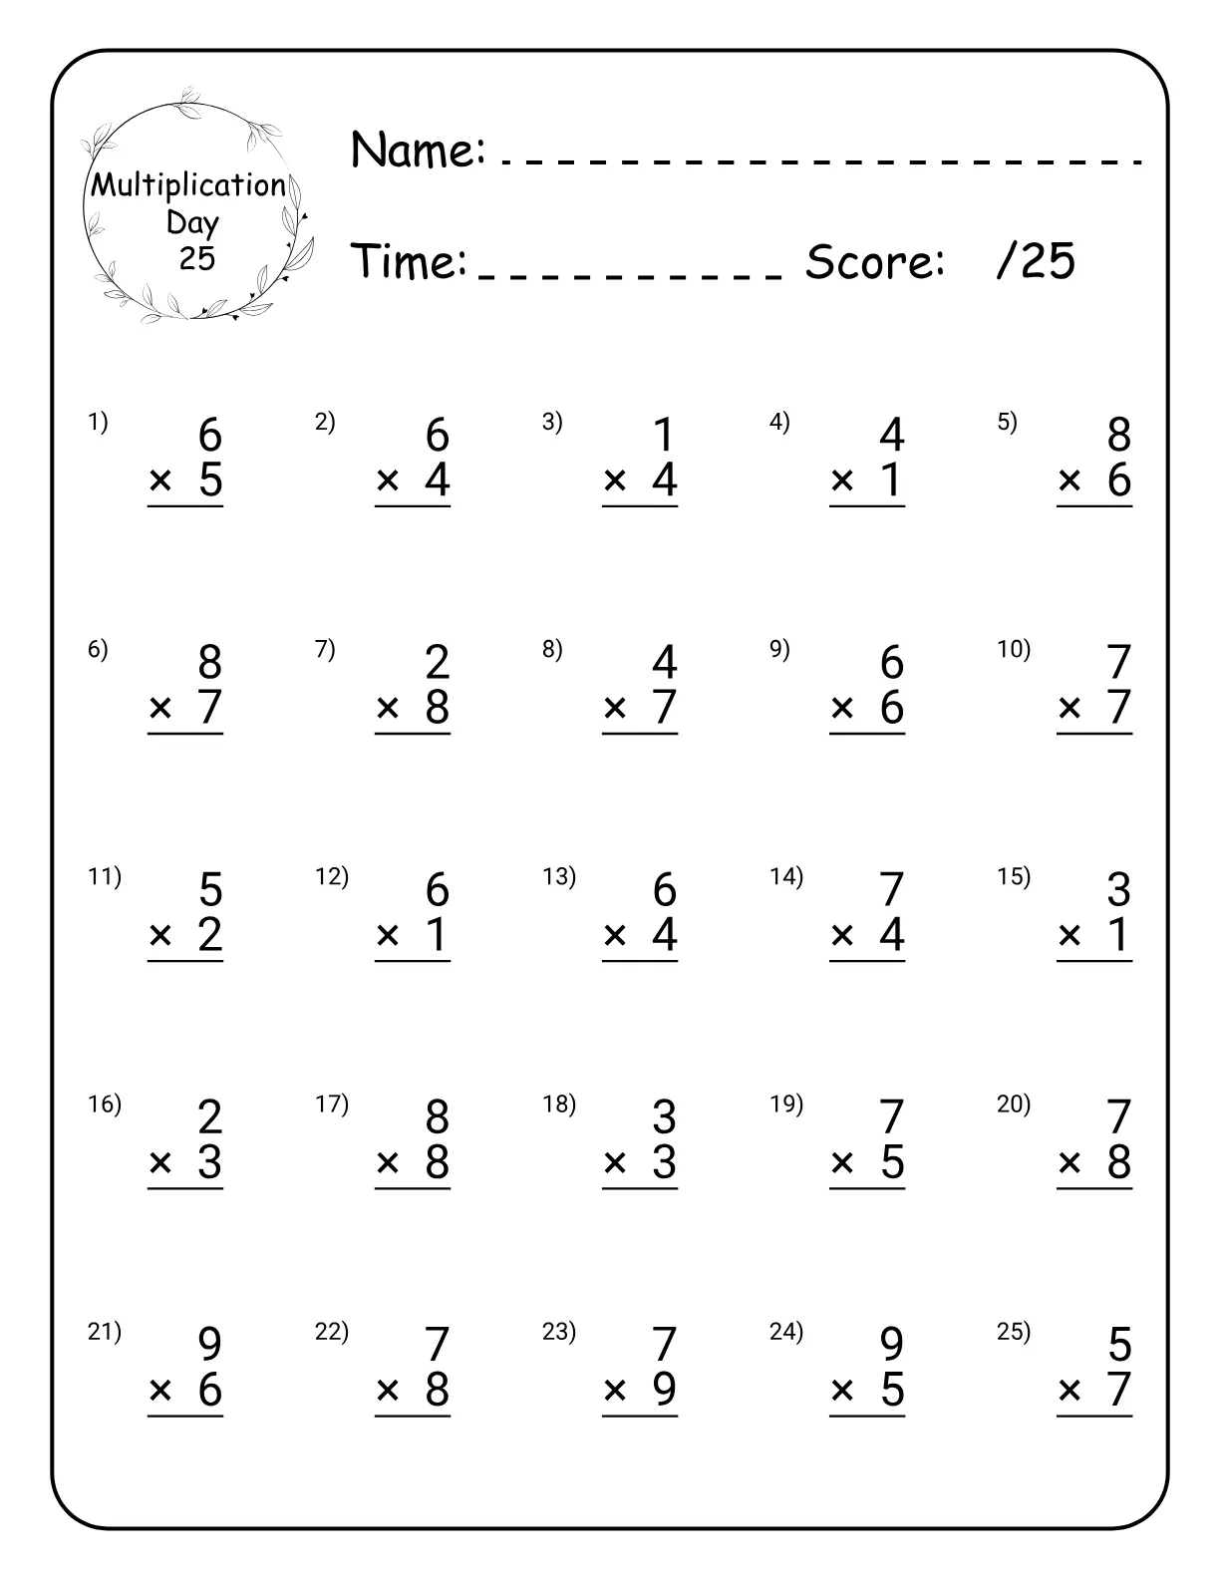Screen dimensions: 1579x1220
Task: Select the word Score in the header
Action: click(874, 261)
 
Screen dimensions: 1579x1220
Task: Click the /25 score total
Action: click(1036, 261)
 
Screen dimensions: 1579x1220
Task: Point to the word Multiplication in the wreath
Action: click(188, 185)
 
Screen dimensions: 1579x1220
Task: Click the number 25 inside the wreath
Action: click(197, 258)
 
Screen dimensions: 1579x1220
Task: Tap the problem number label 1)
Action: click(98, 422)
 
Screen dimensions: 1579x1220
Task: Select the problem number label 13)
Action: click(559, 876)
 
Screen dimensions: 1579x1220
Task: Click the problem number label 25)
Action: click(1014, 1331)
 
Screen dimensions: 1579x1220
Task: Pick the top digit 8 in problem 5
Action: click(1118, 435)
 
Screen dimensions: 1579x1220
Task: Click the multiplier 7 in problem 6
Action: click(209, 708)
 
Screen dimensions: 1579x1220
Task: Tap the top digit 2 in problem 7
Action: click(437, 662)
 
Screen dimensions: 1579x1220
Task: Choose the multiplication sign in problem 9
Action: click(842, 708)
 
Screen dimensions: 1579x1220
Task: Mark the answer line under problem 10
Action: click(1094, 734)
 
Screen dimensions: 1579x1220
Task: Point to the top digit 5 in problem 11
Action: click(209, 889)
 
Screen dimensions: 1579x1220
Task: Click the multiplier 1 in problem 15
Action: click(1118, 935)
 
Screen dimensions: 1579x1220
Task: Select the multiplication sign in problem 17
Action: click(388, 1162)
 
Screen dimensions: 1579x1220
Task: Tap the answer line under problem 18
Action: click(640, 1188)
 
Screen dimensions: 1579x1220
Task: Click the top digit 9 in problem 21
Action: click(209, 1344)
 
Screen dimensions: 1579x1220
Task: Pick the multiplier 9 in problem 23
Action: click(664, 1390)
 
